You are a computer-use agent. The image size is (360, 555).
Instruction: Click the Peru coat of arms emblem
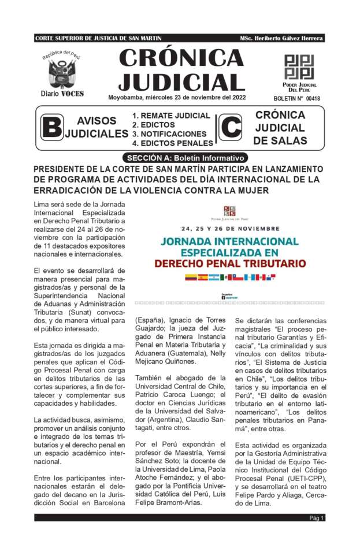click(62, 73)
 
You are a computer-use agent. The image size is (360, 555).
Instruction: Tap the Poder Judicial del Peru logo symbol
click(299, 67)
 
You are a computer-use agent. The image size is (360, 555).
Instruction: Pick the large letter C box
click(229, 127)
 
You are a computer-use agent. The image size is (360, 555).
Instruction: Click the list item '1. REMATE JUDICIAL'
click(171, 116)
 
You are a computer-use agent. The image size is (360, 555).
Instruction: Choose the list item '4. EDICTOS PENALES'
click(172, 143)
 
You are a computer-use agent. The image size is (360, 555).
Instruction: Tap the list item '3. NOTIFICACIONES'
click(169, 134)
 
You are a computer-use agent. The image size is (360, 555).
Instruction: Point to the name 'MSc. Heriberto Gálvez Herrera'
click(281, 38)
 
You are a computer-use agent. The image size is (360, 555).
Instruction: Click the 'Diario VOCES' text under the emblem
click(62, 94)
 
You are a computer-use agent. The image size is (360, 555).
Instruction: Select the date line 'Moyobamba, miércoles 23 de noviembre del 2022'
click(177, 97)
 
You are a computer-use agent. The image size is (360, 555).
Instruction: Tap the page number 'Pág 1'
click(317, 518)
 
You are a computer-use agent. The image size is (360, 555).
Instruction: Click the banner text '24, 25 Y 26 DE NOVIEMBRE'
click(230, 228)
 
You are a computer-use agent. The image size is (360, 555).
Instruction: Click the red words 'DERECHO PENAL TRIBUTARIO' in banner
click(229, 264)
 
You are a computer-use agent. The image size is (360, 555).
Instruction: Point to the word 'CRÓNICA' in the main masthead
click(181, 58)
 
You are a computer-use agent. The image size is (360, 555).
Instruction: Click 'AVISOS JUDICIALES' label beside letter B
click(96, 127)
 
